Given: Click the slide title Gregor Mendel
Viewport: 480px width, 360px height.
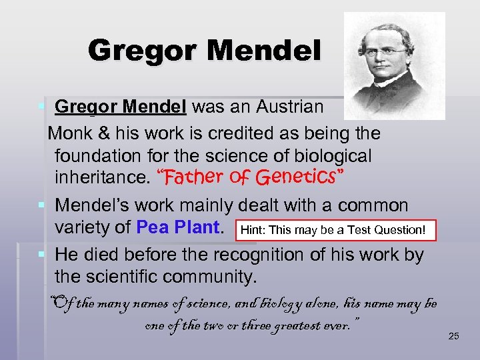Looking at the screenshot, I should pos(204,50).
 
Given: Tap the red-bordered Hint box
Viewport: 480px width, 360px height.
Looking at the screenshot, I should pos(333,230).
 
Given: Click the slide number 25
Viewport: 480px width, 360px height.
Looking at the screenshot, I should pos(453,336).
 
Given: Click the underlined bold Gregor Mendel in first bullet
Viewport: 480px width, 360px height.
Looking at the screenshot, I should pos(123,107).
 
